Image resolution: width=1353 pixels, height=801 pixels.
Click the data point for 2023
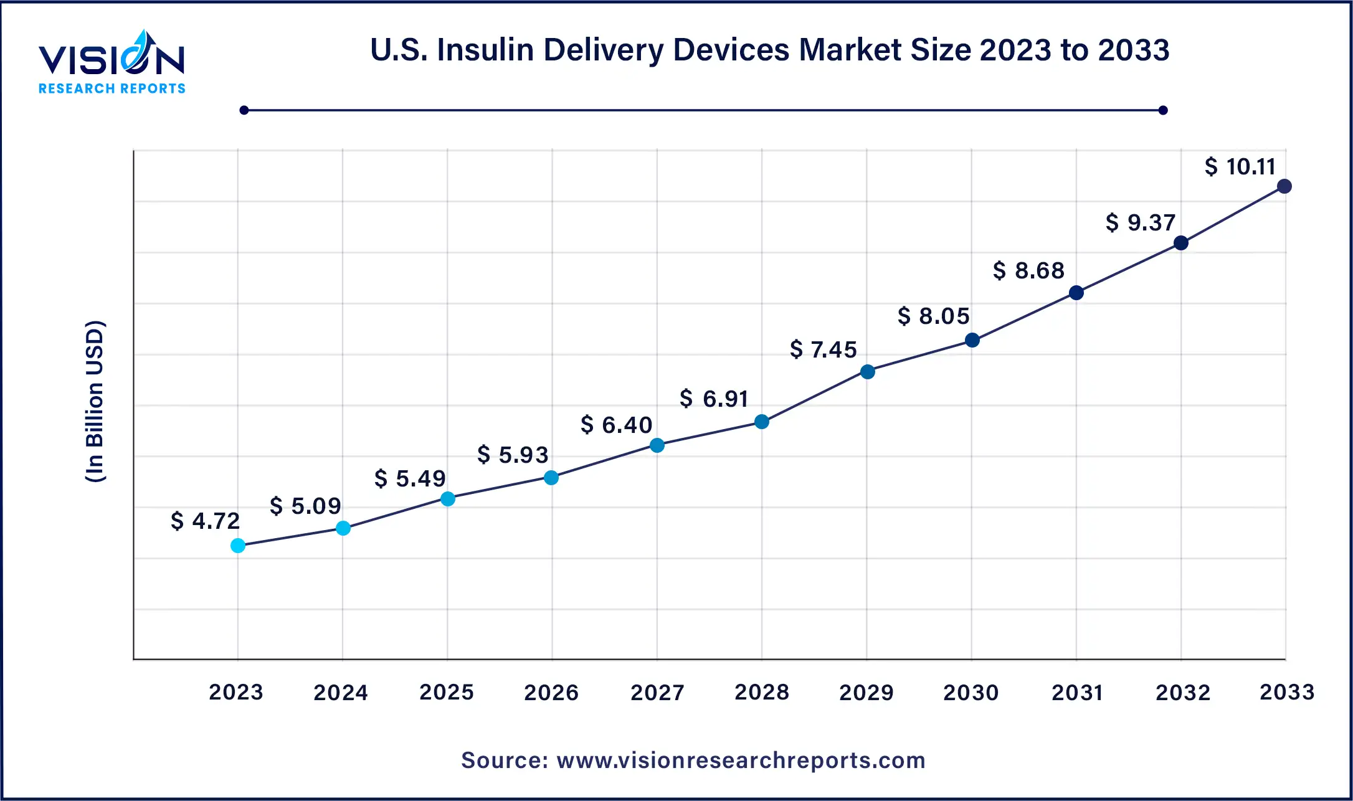click(238, 546)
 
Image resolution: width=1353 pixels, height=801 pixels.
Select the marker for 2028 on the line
click(762, 422)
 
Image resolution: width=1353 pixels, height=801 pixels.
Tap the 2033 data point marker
click(1284, 186)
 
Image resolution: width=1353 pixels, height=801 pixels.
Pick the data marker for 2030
click(972, 340)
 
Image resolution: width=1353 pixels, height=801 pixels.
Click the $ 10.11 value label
click(1240, 167)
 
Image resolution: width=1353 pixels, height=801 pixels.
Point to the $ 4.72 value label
click(205, 521)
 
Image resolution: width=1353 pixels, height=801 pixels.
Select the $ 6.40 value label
click(616, 425)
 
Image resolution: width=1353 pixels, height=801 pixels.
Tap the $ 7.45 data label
click(823, 349)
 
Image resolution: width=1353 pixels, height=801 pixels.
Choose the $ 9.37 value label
click(1140, 222)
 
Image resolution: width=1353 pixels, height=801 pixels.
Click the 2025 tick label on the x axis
click(447, 692)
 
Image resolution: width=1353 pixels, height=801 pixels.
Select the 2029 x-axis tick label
click(866, 692)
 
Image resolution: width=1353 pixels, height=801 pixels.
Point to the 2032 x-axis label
click(1183, 692)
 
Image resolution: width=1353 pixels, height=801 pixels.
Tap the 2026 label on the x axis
click(551, 692)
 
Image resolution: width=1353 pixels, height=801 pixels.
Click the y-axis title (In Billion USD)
click(95, 401)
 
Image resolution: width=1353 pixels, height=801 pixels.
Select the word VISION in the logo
click(112, 60)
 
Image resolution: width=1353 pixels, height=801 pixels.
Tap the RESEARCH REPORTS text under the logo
click(112, 89)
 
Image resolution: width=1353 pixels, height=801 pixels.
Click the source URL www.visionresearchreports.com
click(741, 761)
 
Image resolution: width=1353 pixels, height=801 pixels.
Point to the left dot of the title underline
click(244, 110)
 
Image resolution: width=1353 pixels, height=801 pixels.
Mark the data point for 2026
click(551, 478)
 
